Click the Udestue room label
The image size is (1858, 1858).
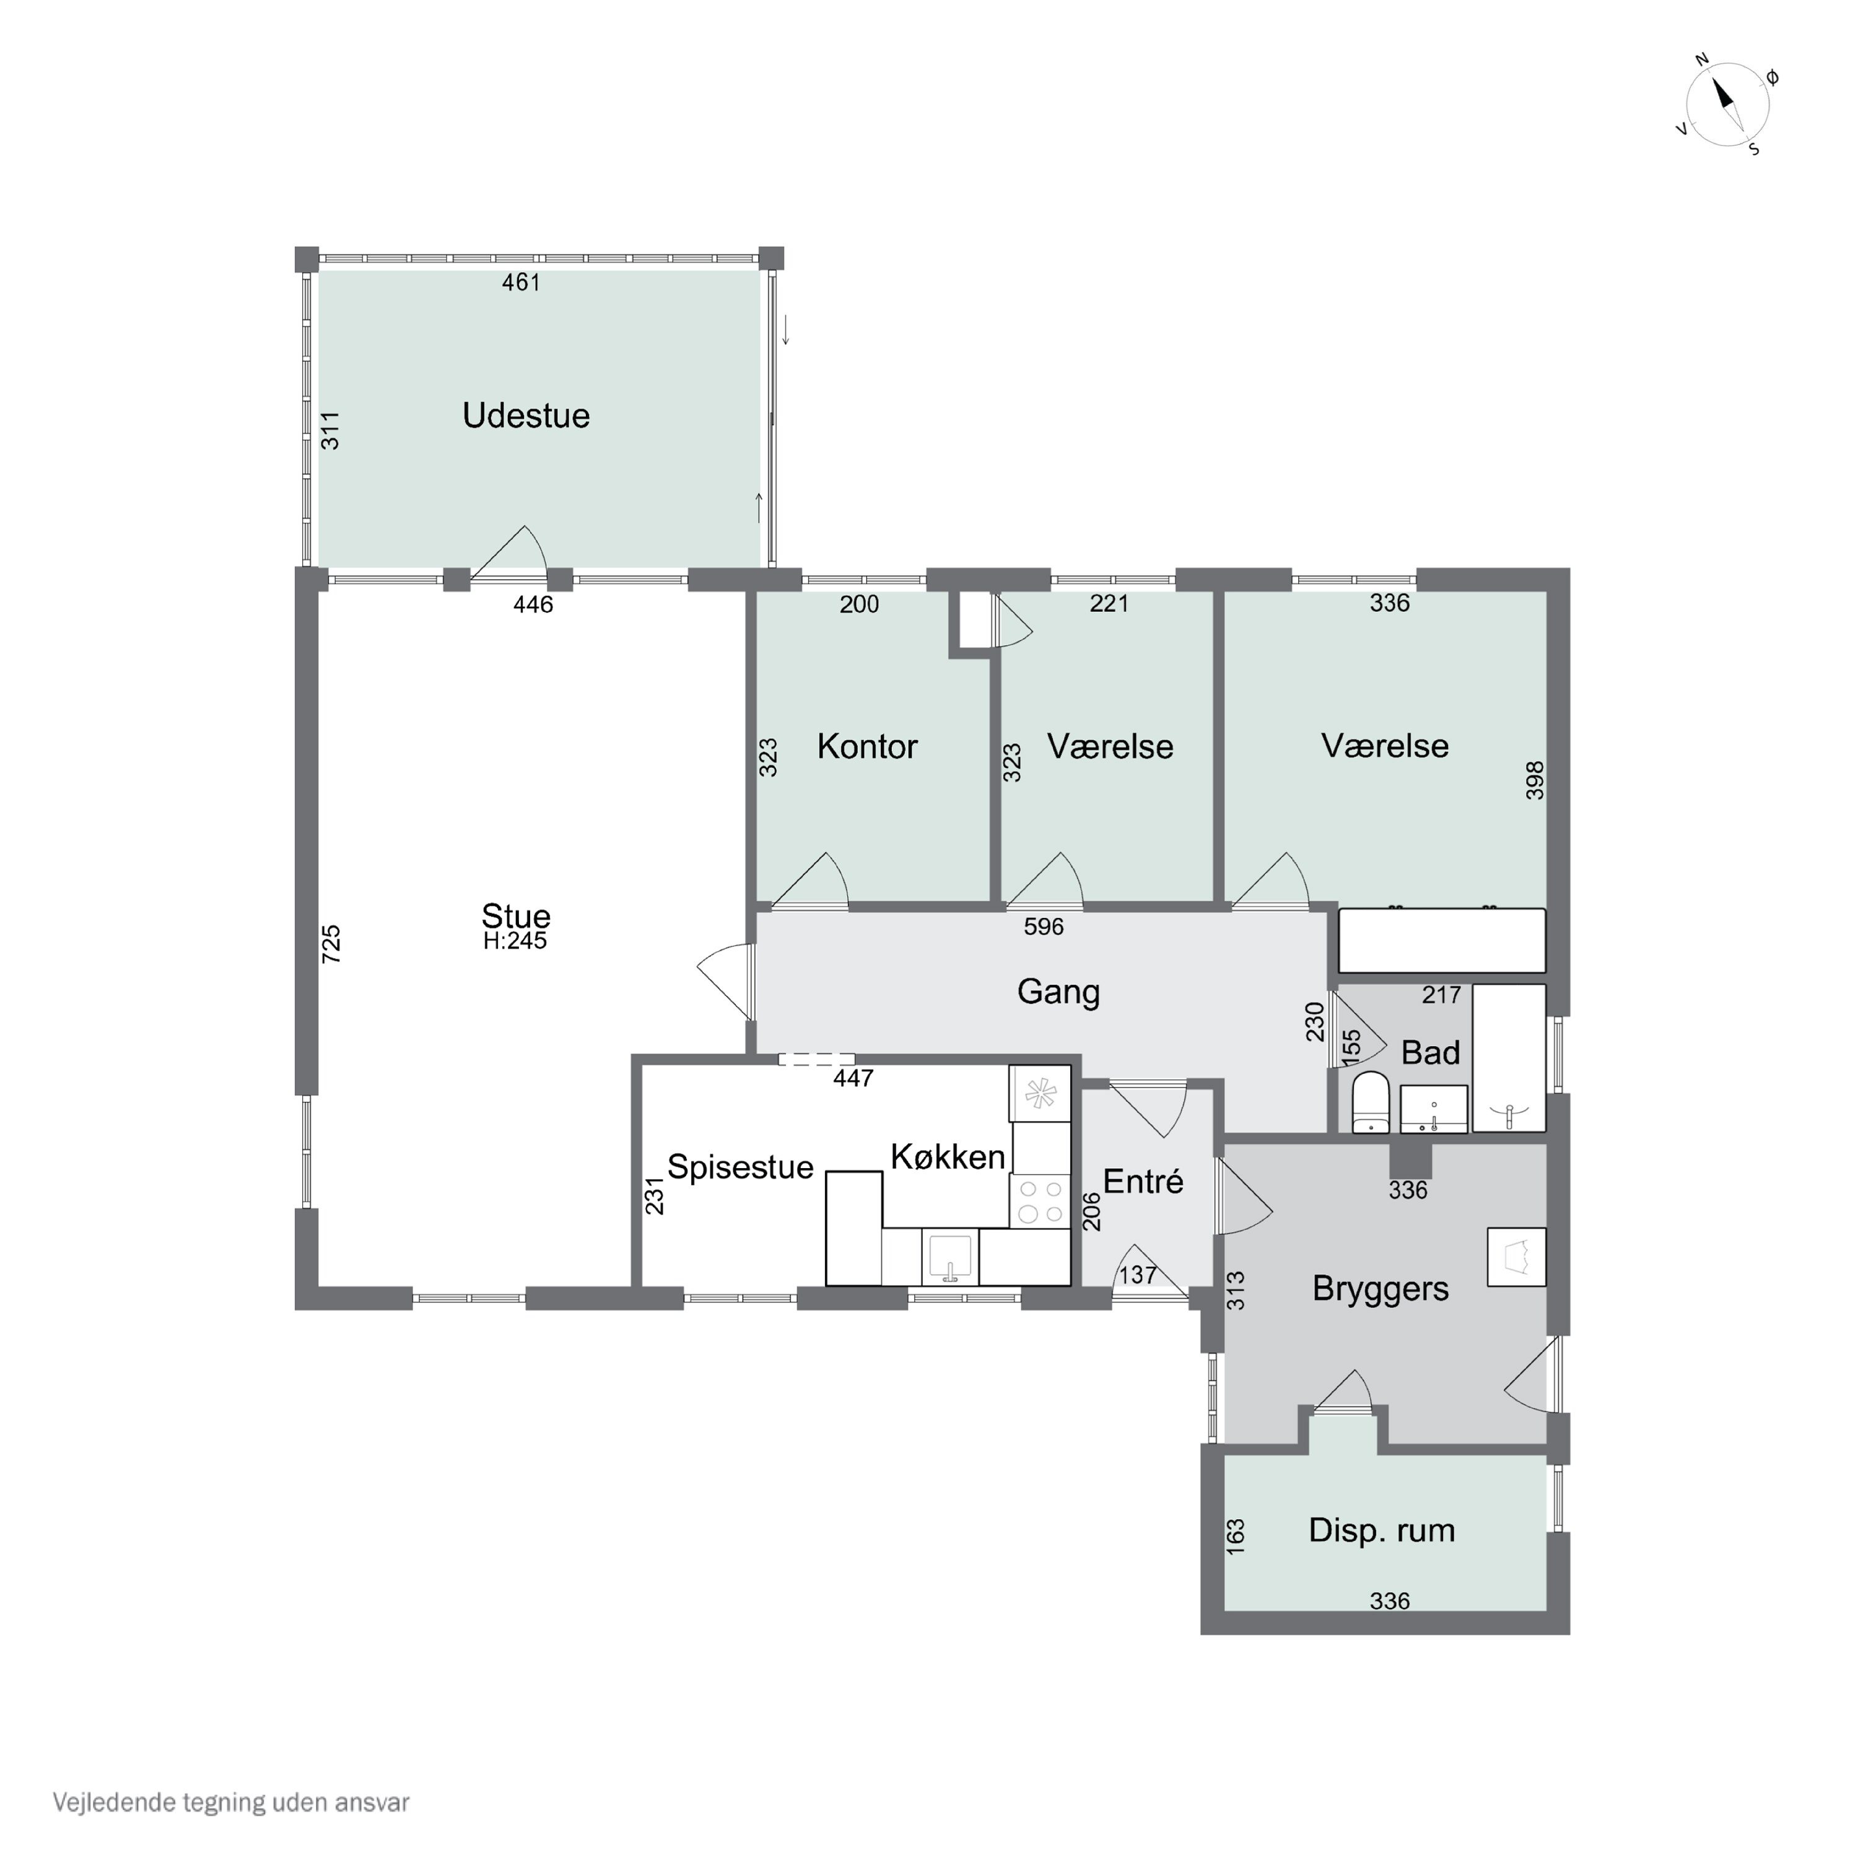(x=526, y=416)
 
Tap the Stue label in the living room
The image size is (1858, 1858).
(x=517, y=915)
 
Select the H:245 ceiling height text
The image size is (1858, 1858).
(x=515, y=941)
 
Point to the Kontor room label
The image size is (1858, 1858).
(x=868, y=746)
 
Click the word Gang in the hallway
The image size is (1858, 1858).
(x=1059, y=992)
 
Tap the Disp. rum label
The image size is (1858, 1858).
(x=1382, y=1530)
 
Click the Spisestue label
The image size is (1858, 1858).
(x=741, y=1167)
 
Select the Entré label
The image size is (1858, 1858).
(x=1143, y=1181)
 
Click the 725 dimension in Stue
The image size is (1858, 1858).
(x=331, y=944)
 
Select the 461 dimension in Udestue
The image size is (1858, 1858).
(x=521, y=283)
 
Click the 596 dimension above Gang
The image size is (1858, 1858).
(x=1044, y=927)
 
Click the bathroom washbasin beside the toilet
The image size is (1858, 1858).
(x=1434, y=1110)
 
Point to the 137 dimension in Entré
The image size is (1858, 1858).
(x=1138, y=1275)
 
